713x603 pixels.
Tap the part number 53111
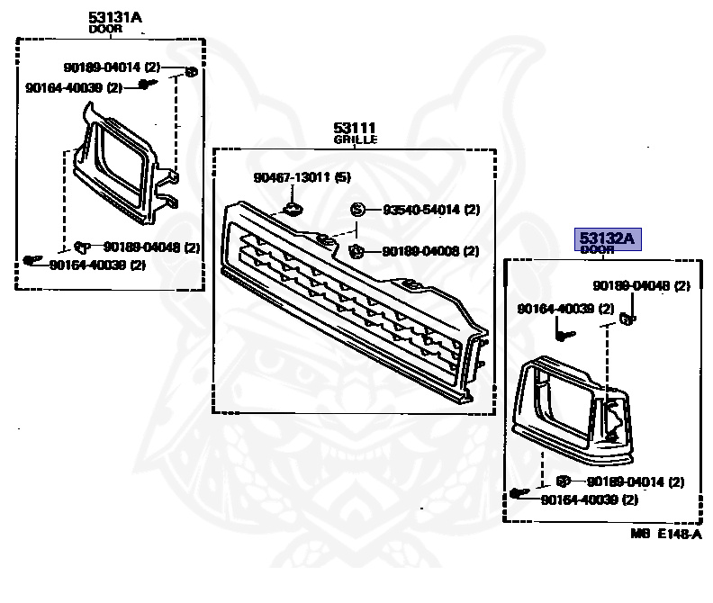354,129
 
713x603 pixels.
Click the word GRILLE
355,140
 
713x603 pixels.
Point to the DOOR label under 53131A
107,29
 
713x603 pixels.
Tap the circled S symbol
356,210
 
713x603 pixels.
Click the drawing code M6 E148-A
665,533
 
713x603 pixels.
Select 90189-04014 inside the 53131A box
97,67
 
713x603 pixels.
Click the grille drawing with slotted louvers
351,306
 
